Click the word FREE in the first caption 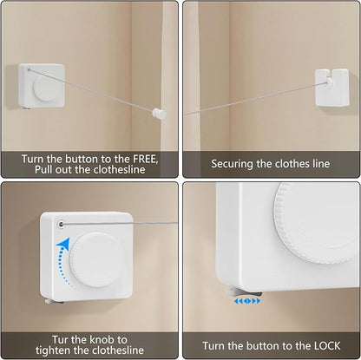(x=145, y=159)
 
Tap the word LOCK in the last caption (x=327, y=346)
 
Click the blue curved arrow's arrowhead (x=63, y=245)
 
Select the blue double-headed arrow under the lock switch (x=247, y=301)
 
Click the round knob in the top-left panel (x=45, y=88)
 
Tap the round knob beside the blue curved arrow (x=95, y=259)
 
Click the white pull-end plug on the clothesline (x=159, y=114)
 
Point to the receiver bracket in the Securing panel (x=332, y=88)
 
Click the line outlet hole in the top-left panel (x=29, y=69)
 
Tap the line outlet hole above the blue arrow (x=61, y=224)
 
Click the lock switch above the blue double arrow (x=245, y=292)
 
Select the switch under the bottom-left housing (x=54, y=301)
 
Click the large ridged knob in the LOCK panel (x=317, y=223)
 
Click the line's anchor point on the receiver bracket (x=327, y=82)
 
